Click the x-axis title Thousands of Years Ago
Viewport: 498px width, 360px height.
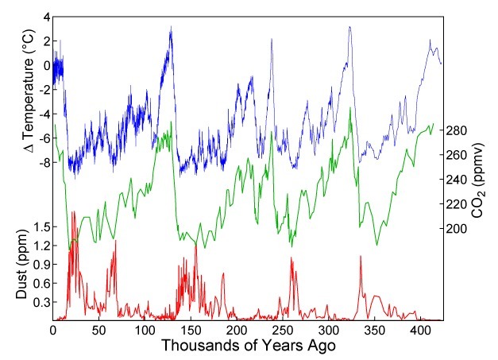[247, 347]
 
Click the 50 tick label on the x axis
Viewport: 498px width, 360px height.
[99, 329]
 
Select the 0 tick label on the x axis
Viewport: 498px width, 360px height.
[53, 329]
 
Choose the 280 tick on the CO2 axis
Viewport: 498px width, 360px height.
[458, 130]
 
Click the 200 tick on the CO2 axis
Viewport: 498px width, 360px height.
[458, 229]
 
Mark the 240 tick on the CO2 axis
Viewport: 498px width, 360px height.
[458, 180]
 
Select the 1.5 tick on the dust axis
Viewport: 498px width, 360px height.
[41, 227]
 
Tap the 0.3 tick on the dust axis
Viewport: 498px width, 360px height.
[41, 303]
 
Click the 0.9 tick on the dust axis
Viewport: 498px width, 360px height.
[41, 265]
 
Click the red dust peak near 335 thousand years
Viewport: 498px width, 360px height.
[361, 257]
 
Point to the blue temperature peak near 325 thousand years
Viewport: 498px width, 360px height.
[349, 28]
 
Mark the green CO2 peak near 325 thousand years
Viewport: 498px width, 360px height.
[350, 109]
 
